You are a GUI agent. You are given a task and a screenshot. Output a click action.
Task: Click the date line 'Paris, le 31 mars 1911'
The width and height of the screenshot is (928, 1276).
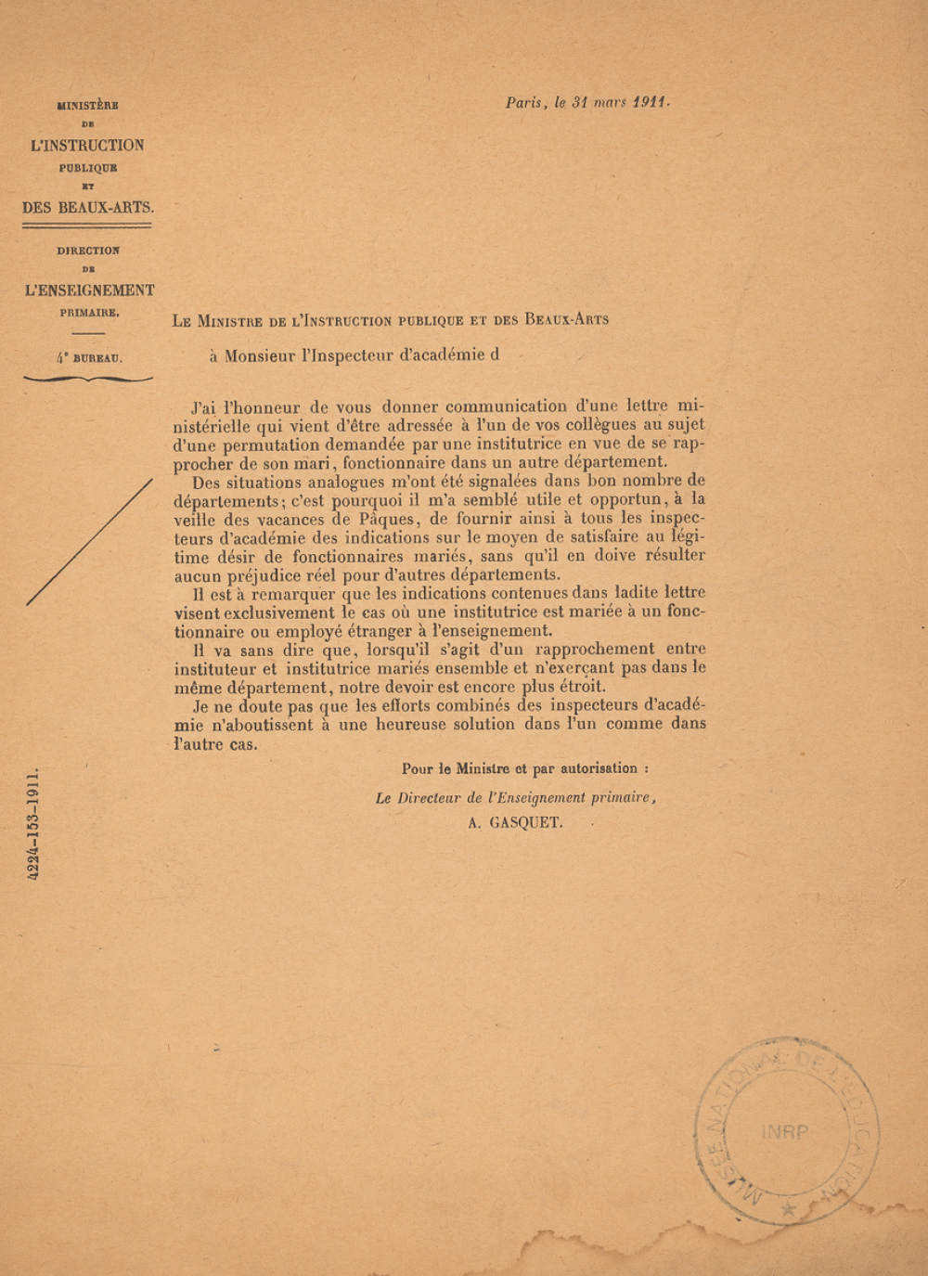(586, 103)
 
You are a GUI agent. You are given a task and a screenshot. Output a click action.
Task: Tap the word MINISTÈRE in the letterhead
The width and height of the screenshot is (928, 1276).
(87, 106)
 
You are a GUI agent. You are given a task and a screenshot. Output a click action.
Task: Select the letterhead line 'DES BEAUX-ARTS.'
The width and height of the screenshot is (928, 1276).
(88, 208)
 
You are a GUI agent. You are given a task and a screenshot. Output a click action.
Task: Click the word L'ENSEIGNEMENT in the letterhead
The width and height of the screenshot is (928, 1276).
(89, 290)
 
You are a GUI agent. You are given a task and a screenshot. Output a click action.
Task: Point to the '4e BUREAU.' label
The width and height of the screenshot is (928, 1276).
(88, 357)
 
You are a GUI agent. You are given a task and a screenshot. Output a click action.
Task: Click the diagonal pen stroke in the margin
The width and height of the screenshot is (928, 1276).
(89, 542)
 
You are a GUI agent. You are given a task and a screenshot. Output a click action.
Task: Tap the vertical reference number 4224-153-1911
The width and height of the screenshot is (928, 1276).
(33, 823)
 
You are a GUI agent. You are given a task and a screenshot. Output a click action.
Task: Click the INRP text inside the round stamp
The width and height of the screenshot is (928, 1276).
(784, 1132)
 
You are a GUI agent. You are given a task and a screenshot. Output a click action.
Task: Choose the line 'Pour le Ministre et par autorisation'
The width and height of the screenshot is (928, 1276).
(525, 768)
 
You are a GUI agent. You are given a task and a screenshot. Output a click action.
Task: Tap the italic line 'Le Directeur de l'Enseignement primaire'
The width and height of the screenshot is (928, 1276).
(516, 797)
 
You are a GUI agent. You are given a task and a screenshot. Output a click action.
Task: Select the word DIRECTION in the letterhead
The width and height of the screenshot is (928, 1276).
(88, 251)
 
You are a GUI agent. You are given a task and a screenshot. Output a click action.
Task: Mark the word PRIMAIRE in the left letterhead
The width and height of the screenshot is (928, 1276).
(89, 313)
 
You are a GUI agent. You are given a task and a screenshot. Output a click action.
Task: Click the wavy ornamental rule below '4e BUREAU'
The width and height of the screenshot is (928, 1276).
(88, 379)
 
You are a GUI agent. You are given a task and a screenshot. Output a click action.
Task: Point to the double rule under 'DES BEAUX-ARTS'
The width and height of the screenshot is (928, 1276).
(88, 225)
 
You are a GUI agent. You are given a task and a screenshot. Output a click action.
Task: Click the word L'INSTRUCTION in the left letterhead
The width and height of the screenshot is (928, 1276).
(87, 146)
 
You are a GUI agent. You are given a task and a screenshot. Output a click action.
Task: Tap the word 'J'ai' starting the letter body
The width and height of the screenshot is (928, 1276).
(206, 406)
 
